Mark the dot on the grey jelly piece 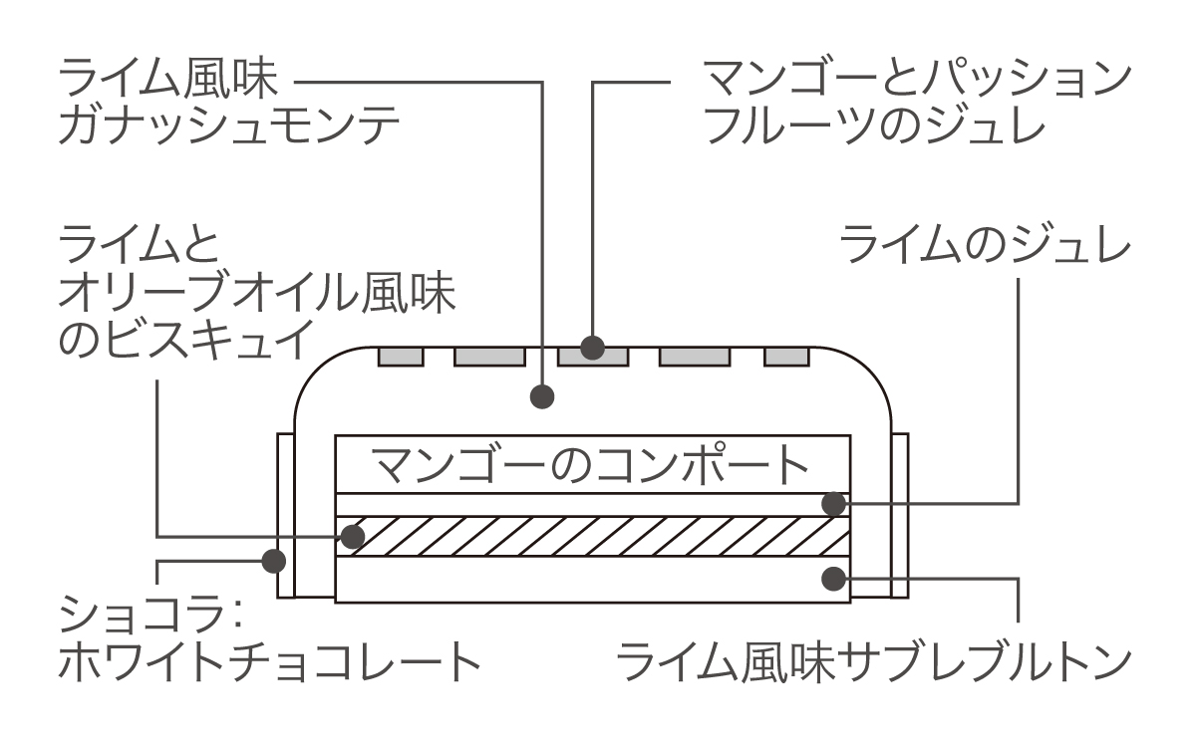point(594,348)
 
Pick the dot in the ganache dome point(541,396)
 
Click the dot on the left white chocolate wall point(272,561)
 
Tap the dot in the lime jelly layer point(833,503)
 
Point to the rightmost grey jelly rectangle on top point(785,356)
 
